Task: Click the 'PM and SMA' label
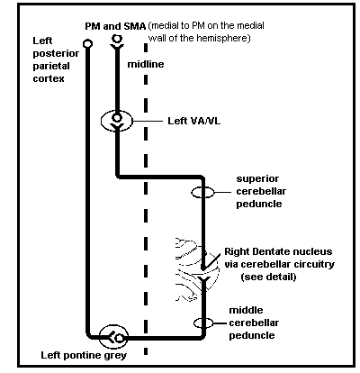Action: pos(115,26)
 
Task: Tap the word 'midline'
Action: pos(146,64)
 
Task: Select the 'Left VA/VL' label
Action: pos(193,121)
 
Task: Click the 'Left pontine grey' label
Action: pos(84,356)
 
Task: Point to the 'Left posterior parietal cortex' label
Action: pos(56,59)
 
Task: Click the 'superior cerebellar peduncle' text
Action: pos(261,191)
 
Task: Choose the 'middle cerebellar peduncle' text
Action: pos(254,323)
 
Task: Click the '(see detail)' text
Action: pos(268,277)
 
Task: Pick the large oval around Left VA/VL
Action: pos(101,121)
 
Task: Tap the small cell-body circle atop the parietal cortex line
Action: pos(87,44)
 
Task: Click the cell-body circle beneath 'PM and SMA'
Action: pos(117,39)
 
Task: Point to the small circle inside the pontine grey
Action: pos(120,338)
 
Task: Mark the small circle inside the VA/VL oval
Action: pos(117,117)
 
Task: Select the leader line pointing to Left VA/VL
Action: pos(148,121)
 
